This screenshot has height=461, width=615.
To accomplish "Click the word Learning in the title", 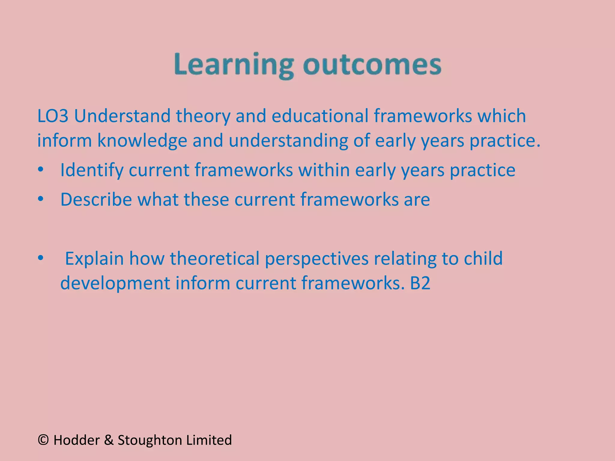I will pos(234,65).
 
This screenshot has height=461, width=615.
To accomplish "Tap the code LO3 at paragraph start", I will pos(53,116).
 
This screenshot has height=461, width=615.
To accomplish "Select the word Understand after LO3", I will pos(122,116).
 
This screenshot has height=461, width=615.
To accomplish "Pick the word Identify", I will pos(92,170).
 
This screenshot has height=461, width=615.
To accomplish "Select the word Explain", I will pos(94,259).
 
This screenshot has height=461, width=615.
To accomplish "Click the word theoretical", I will pos(214,259).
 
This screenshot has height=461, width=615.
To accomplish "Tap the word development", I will pos(115,284).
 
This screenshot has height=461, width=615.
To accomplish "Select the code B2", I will pos(420,283).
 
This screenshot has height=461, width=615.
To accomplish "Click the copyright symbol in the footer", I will pos(43,440).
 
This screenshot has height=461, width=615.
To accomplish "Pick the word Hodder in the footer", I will pos(77,440).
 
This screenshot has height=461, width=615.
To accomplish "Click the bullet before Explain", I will pos(41,258).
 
